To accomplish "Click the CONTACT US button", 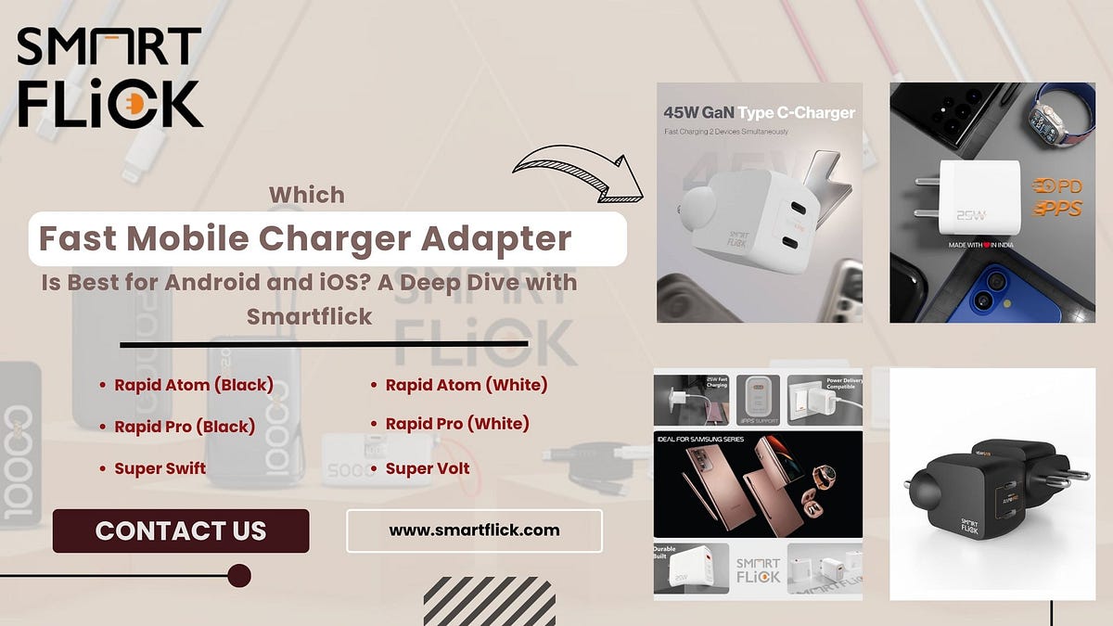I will click(x=181, y=530).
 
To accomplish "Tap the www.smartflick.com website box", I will click(x=474, y=530).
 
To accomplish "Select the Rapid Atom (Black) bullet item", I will click(x=194, y=385).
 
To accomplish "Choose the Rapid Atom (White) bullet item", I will click(x=467, y=385).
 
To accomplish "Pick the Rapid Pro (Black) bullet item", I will click(x=185, y=427).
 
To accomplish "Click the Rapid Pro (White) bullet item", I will click(x=457, y=424).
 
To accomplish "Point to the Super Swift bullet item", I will click(x=160, y=468).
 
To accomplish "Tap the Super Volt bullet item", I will click(x=428, y=468).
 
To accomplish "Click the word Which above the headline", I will click(x=307, y=195).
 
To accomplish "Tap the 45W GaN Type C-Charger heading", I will click(x=759, y=112).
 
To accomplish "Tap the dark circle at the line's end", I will click(x=239, y=576).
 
